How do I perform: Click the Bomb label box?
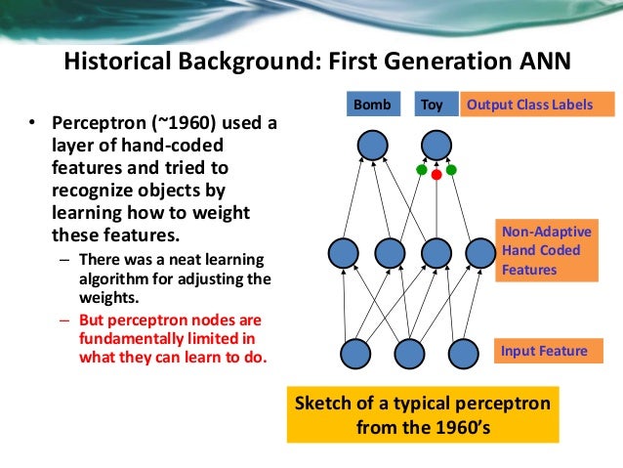pyautogui.click(x=373, y=104)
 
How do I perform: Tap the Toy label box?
pyautogui.click(x=431, y=104)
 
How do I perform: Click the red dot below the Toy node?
pyautogui.click(x=436, y=175)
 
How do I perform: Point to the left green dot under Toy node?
pyautogui.click(x=421, y=169)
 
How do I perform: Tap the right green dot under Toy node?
pyautogui.click(x=452, y=169)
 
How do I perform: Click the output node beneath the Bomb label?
pyautogui.click(x=372, y=147)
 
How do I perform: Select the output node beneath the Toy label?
pyautogui.click(x=436, y=147)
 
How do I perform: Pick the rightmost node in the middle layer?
pyautogui.click(x=480, y=253)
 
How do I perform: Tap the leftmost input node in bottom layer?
pyautogui.click(x=355, y=354)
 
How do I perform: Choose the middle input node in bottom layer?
pyautogui.click(x=409, y=354)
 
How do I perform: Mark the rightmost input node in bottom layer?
pyautogui.click(x=463, y=354)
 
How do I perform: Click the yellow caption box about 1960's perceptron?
pyautogui.click(x=423, y=415)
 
